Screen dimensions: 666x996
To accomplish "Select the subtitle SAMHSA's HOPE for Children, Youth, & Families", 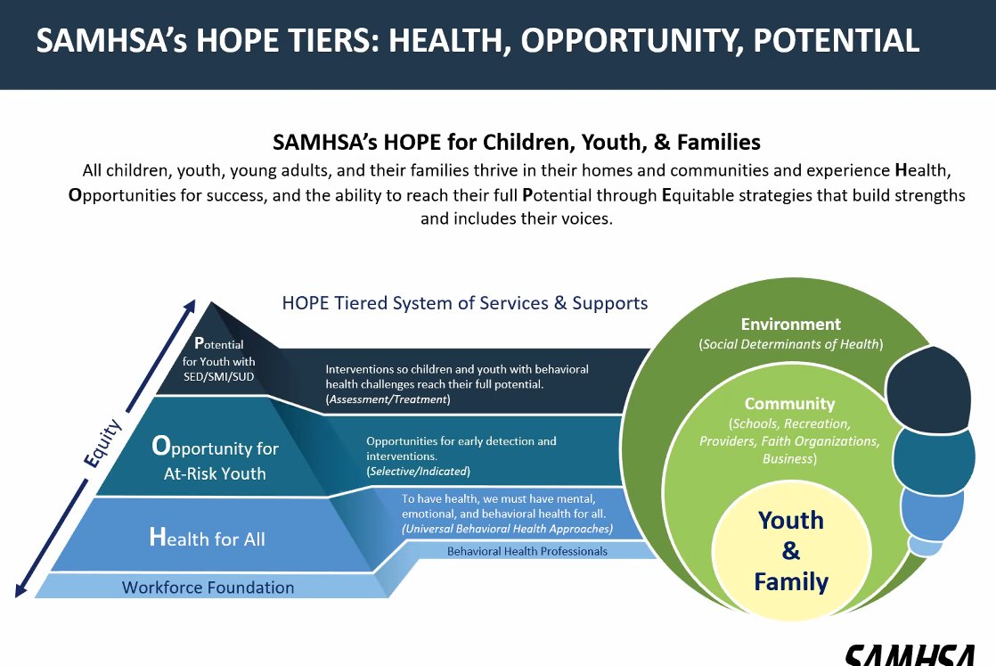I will click(x=517, y=142).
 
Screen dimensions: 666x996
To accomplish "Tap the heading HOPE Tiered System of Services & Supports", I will click(x=465, y=303).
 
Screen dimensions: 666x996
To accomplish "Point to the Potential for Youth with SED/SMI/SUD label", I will click(x=218, y=361).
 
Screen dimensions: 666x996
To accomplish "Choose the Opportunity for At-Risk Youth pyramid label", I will click(x=215, y=459).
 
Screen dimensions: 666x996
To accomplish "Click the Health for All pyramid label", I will click(x=207, y=538).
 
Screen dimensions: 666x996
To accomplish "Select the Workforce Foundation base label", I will click(x=208, y=588).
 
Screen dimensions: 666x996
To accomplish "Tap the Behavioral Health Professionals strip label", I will click(x=527, y=551).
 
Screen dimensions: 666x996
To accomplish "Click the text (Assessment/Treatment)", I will click(x=388, y=400).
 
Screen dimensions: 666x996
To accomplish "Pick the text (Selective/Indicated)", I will click(x=418, y=471).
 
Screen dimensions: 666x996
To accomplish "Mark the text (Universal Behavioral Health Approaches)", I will click(x=507, y=529).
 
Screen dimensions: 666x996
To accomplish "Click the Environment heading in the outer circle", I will click(x=790, y=325).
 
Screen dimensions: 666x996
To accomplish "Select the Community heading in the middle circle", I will click(x=789, y=404).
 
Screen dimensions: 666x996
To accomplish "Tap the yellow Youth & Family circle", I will click(x=791, y=551).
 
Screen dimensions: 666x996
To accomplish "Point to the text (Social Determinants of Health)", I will click(x=791, y=344).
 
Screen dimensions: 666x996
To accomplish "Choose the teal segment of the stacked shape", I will click(x=931, y=459).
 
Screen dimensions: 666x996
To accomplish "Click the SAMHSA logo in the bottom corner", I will click(x=918, y=655).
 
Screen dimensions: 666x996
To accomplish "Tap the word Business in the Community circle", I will click(x=789, y=459).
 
